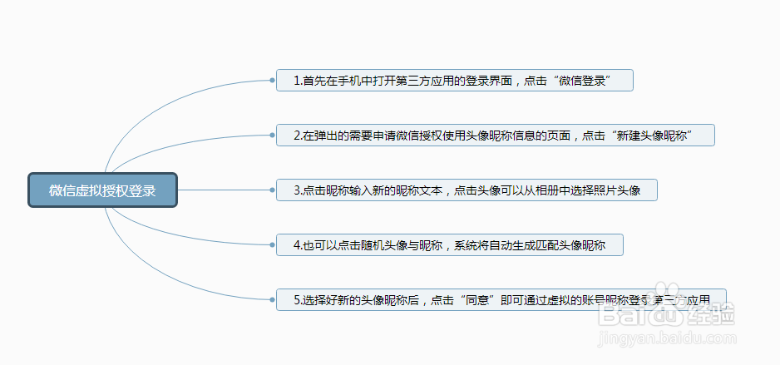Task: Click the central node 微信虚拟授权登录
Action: coord(102,190)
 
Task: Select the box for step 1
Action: coord(455,81)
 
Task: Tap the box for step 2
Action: coord(496,135)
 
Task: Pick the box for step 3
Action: coord(467,190)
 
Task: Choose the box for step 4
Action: coord(449,245)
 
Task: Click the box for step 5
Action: coord(501,299)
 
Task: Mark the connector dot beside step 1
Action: coord(273,81)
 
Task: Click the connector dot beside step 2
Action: coord(273,135)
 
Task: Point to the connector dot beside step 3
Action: coord(273,190)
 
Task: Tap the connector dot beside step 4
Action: coord(273,245)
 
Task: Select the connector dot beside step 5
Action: coord(273,299)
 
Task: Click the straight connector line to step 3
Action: coord(225,190)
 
